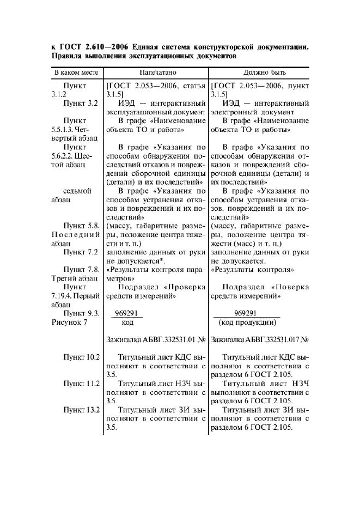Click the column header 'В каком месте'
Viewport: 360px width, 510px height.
(75, 72)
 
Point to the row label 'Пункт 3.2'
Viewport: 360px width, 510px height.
(80, 103)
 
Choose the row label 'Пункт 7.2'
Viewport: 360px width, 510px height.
(80, 252)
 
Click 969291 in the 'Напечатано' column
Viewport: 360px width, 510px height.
(127, 313)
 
